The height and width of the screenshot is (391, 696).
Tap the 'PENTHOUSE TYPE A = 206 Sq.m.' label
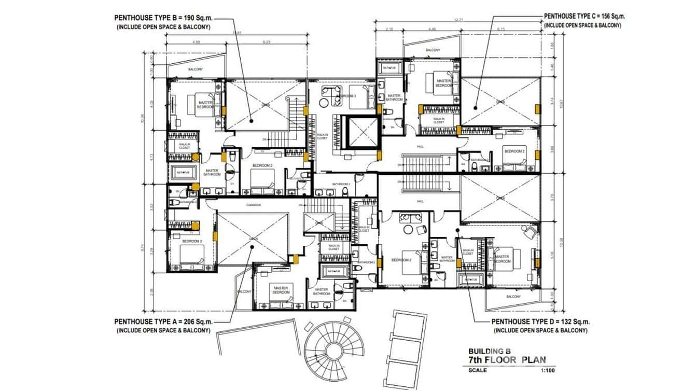163,322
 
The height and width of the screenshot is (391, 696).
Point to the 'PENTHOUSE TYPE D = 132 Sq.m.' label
540,322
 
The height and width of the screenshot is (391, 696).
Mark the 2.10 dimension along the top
390,30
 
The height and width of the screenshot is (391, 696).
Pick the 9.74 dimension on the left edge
150,248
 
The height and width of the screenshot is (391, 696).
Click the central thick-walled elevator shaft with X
361,133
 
